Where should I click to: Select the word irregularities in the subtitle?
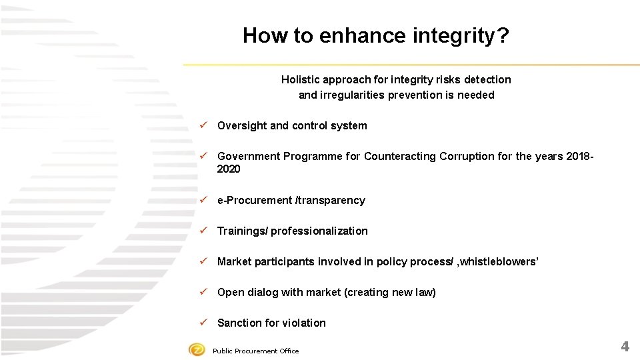coord(352,95)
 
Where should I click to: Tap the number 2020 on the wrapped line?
coord(229,169)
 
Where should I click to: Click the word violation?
coord(304,323)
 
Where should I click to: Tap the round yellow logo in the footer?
coord(197,349)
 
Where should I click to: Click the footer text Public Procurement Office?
coord(255,351)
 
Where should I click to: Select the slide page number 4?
coord(625,346)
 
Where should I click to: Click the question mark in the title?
coord(503,35)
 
